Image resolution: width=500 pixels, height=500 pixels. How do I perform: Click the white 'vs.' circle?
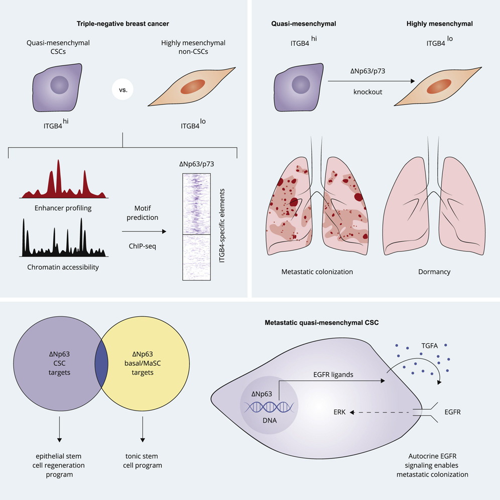click(123, 89)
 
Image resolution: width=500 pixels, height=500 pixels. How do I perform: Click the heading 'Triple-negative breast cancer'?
click(123, 24)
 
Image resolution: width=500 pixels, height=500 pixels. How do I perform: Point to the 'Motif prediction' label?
click(142, 213)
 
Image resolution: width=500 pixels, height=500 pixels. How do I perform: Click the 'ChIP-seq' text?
click(142, 246)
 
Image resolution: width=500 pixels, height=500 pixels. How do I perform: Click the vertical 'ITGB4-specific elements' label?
click(222, 226)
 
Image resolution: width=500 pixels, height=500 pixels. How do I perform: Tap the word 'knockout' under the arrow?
click(367, 92)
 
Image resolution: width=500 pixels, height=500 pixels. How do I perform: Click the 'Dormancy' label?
click(434, 272)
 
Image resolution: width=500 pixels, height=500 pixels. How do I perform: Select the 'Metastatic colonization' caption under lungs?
click(317, 272)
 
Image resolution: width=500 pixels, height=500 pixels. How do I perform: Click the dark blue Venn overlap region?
click(101, 363)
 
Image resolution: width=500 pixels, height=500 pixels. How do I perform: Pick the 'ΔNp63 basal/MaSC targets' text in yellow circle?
click(143, 363)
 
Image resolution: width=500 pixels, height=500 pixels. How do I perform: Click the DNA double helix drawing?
click(269, 407)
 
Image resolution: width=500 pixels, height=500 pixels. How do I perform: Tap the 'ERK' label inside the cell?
click(339, 412)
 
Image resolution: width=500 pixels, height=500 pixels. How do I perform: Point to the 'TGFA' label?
click(430, 346)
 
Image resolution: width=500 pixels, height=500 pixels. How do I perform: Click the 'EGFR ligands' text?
click(333, 374)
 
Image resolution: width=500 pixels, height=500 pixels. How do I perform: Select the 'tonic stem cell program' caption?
click(142, 461)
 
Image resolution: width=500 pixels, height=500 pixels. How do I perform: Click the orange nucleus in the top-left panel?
click(193, 86)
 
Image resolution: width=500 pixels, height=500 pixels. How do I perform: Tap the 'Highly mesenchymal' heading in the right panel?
click(439, 24)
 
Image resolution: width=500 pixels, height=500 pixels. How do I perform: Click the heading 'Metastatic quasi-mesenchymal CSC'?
click(322, 323)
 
